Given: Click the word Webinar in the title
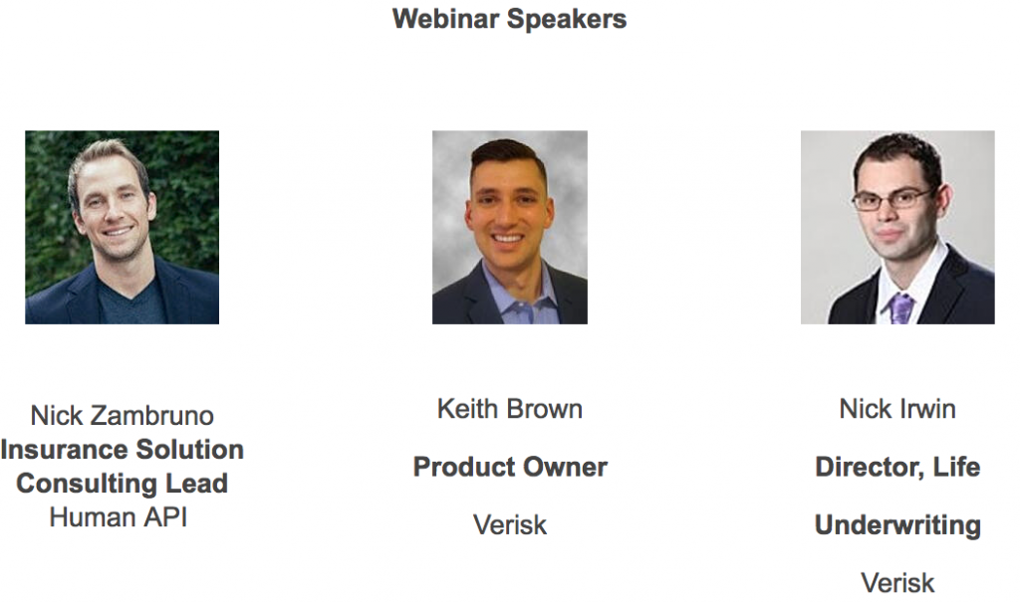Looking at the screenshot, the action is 446,18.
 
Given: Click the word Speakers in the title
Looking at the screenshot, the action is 567,20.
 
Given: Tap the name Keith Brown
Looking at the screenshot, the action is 510,409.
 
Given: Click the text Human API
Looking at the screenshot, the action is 119,517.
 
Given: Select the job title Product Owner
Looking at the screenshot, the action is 510,467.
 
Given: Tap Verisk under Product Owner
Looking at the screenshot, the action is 510,525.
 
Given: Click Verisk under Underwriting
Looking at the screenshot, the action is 897,583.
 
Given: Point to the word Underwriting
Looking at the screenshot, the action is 897,525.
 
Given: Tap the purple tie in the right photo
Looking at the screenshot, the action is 900,308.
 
